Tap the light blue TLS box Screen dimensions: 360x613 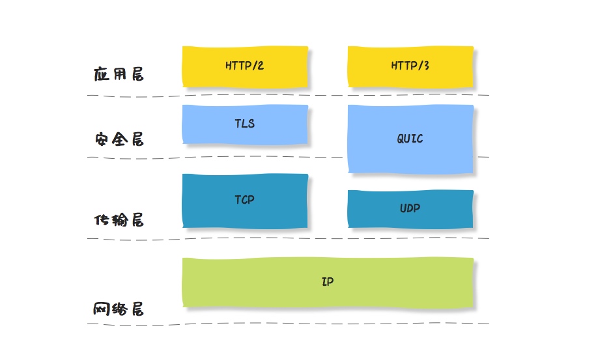pyautogui.click(x=244, y=133)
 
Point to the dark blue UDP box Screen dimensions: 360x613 pyautogui.click(x=410, y=218)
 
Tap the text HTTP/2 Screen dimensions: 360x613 pyautogui.click(x=244, y=66)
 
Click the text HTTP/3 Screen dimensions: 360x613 pyautogui.click(x=410, y=66)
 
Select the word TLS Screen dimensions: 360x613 pyautogui.click(x=244, y=123)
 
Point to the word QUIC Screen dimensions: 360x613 pyautogui.click(x=410, y=139)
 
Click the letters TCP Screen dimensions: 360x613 pyautogui.click(x=244, y=200)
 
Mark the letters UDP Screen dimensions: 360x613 pyautogui.click(x=410, y=208)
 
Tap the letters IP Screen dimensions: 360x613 pyautogui.click(x=328, y=282)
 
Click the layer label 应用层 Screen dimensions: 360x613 pyautogui.click(x=119, y=74)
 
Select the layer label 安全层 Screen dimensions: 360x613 pyautogui.click(x=119, y=139)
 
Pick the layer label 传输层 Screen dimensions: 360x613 pyautogui.click(x=119, y=220)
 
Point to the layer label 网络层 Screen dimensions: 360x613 pyautogui.click(x=119, y=309)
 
